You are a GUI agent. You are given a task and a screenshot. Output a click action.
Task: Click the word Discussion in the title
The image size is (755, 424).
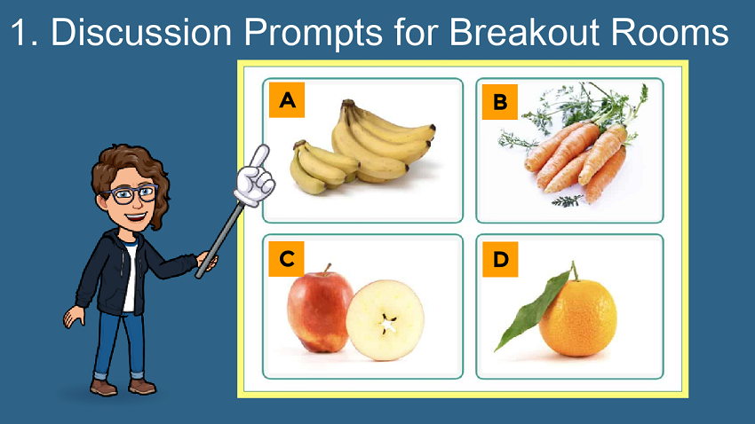[x=141, y=32]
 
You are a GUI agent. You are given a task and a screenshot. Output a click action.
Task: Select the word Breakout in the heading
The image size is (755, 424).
[x=524, y=32]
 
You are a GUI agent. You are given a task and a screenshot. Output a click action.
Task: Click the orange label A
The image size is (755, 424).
[x=287, y=100]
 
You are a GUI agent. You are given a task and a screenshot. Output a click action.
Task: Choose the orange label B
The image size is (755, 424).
[x=500, y=102]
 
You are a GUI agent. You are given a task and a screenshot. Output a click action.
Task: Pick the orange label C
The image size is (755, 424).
[x=287, y=259]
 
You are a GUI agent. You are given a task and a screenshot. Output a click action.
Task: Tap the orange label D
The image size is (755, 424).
[x=500, y=260]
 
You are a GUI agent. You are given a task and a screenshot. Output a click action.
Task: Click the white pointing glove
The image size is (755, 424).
[x=254, y=176]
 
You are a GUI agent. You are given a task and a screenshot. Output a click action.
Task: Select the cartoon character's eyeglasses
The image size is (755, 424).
[x=130, y=193]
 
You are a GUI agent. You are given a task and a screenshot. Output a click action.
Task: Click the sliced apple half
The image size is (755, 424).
[x=385, y=320]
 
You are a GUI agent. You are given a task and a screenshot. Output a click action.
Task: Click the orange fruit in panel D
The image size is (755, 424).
[x=578, y=318]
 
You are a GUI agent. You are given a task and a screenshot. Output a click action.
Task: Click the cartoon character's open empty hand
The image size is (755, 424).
[x=74, y=318]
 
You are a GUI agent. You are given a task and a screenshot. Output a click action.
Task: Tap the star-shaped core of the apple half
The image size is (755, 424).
[x=387, y=324]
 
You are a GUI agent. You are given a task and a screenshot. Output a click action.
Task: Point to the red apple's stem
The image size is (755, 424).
[x=328, y=269]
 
